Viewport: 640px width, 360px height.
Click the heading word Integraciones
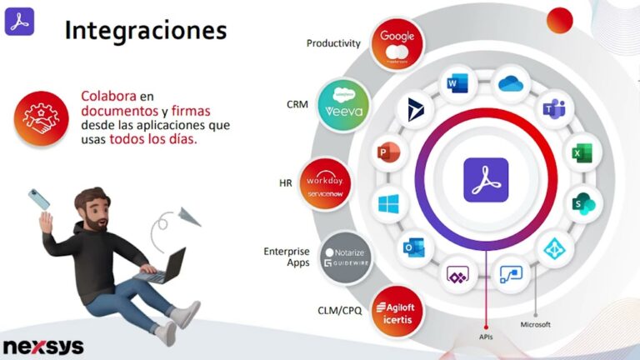145,31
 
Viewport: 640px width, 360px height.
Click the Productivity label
333,43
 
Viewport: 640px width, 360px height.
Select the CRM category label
297,104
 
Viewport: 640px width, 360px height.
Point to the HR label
286,182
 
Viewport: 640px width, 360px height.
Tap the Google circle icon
397,43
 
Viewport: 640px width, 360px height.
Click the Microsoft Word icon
458,83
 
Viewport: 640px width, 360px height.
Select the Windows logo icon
388,203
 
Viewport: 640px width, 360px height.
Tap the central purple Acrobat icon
485,180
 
